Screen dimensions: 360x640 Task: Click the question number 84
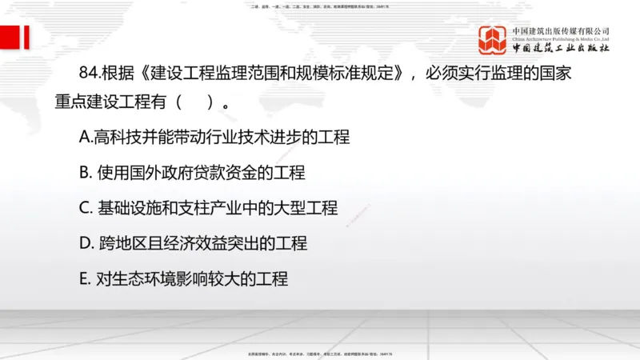(90, 74)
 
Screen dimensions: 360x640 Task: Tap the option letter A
(86, 137)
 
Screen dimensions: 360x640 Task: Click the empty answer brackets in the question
(196, 103)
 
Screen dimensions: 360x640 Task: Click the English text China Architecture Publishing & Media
(561, 38)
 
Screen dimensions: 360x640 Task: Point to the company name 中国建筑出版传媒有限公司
(561, 30)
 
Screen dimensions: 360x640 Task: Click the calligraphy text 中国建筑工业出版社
(561, 48)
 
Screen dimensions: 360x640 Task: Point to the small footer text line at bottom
(320, 352)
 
